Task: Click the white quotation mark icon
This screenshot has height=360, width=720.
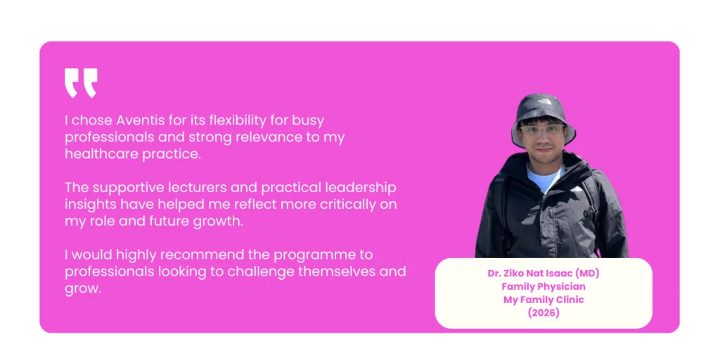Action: (x=81, y=83)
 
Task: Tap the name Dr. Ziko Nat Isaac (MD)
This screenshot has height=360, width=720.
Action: (x=543, y=273)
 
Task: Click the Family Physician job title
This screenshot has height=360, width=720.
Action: (x=543, y=286)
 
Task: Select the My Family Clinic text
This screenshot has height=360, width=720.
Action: (x=543, y=300)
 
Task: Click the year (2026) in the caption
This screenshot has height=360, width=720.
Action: (x=543, y=313)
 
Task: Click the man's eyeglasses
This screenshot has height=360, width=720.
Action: (x=544, y=131)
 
